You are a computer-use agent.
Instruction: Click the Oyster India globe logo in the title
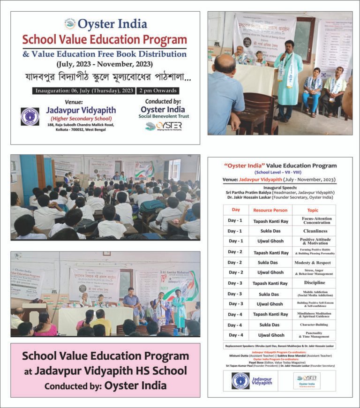click(70, 24)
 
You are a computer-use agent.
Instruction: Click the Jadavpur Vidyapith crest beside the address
click(30, 117)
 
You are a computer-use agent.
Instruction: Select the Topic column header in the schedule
click(316, 210)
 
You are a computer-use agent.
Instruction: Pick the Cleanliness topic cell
click(316, 231)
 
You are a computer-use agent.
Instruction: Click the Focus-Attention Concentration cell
click(316, 220)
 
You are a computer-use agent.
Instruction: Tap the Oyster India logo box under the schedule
click(307, 380)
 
